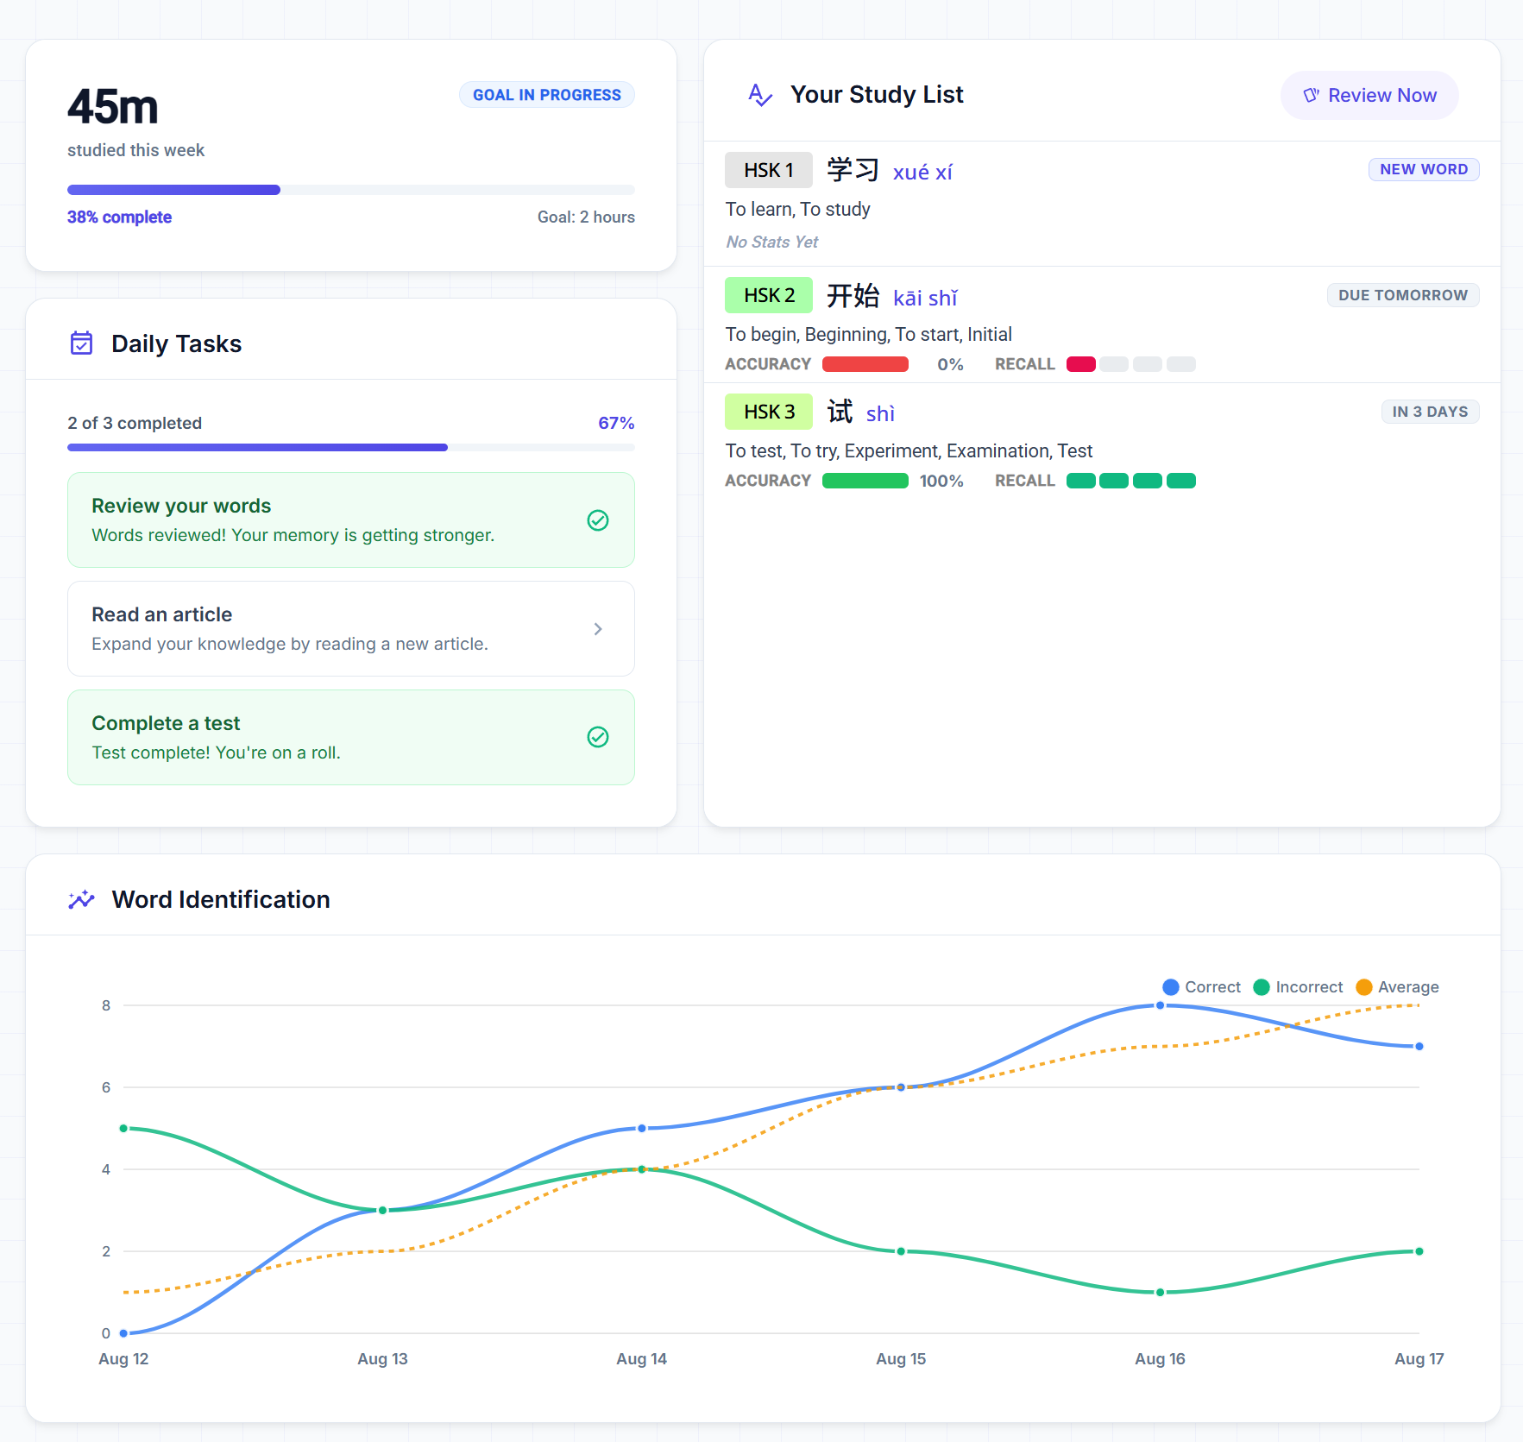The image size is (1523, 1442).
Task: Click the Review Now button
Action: pyautogui.click(x=1369, y=95)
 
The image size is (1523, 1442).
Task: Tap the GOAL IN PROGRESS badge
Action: pyautogui.click(x=547, y=95)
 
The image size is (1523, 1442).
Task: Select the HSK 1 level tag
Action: pyautogui.click(x=768, y=170)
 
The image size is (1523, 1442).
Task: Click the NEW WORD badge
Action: pyautogui.click(x=1424, y=169)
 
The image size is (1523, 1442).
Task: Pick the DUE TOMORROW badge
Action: pyautogui.click(x=1403, y=295)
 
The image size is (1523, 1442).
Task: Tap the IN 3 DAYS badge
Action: pyautogui.click(x=1430, y=412)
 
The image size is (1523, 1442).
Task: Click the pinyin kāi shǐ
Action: pyautogui.click(x=925, y=298)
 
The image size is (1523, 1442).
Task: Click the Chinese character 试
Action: pyautogui.click(x=840, y=412)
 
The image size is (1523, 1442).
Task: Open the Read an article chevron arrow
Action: pyautogui.click(x=598, y=629)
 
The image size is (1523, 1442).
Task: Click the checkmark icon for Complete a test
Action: pyautogui.click(x=598, y=737)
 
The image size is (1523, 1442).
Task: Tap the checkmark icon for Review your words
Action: pyautogui.click(x=598, y=520)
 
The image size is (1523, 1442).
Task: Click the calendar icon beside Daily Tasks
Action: pyautogui.click(x=81, y=343)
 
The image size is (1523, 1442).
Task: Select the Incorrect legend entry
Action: pyautogui.click(x=1298, y=987)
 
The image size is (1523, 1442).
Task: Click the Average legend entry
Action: pyautogui.click(x=1398, y=987)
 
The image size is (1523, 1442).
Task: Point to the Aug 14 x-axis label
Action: pyautogui.click(x=641, y=1359)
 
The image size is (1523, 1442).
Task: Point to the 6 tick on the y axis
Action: pyautogui.click(x=106, y=1087)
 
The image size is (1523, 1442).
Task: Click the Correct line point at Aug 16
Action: pyautogui.click(x=1161, y=1005)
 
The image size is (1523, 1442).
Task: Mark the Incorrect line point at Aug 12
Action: pyautogui.click(x=123, y=1129)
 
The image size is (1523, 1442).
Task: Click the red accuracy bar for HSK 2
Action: pyautogui.click(x=865, y=364)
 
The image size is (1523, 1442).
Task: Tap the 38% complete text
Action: pyautogui.click(x=119, y=217)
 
